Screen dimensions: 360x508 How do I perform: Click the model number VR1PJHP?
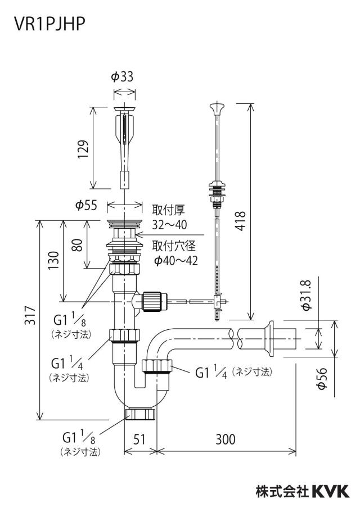point(49,24)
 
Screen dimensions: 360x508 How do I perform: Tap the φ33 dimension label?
point(122,77)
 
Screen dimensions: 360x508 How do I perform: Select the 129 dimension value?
point(83,149)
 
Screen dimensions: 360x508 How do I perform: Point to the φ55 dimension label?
point(86,205)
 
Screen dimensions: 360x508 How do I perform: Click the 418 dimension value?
point(241,221)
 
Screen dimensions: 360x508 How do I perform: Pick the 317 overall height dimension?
point(30,315)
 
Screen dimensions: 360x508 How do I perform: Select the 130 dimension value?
point(54,260)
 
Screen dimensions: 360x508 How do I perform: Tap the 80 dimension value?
point(77,245)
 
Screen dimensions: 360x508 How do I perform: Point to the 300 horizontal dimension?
point(226,439)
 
